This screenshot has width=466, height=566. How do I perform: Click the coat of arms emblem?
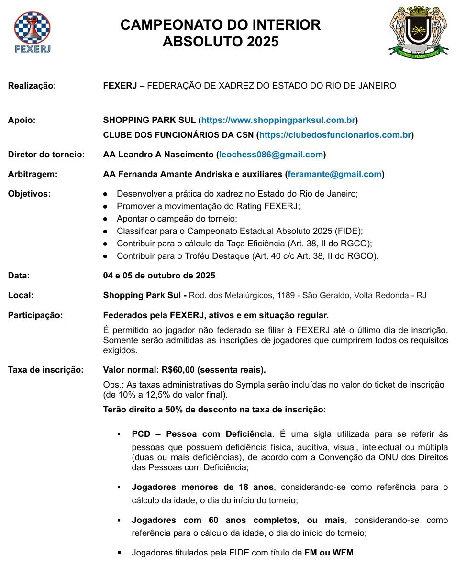pos(418,31)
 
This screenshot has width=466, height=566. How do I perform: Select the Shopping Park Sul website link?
pos(278,120)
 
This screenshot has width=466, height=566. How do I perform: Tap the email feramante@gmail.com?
pos(334,174)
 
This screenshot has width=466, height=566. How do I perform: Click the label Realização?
pos(32,86)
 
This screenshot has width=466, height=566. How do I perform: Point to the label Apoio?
pos(22,120)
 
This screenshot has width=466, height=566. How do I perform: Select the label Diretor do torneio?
pos(46,155)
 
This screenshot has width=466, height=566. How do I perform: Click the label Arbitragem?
pos(33,174)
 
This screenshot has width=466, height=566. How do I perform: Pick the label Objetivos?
pos(29,194)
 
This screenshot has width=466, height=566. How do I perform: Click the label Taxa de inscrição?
pos(45,370)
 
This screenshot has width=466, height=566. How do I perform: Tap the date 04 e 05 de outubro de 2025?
pos(159,276)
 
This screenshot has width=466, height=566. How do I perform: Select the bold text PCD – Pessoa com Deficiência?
pos(201,434)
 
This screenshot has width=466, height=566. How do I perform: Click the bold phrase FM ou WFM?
pos(329,553)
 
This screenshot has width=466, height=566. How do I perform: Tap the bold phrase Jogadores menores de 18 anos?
pos(202,487)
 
